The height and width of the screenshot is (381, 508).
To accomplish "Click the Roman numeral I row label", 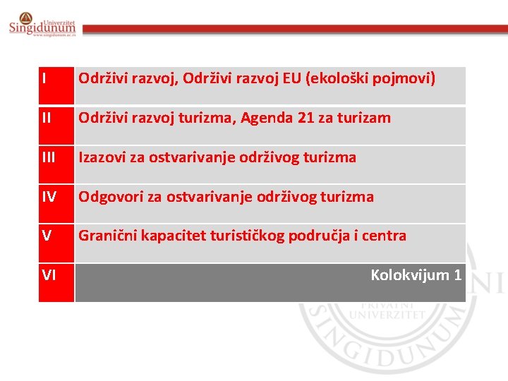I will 44,78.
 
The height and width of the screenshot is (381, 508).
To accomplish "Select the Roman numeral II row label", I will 47,118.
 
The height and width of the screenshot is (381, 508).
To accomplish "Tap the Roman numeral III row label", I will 49,157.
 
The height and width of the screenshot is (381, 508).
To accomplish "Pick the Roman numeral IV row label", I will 49,197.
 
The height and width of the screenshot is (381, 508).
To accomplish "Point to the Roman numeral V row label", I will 46,236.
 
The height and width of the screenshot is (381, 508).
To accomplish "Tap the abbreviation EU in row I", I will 291,78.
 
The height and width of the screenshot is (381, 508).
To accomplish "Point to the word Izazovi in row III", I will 102,157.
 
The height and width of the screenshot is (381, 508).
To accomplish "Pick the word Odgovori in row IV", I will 109,197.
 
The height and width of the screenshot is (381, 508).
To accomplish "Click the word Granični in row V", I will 107,236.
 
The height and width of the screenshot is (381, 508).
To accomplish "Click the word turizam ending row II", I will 365,118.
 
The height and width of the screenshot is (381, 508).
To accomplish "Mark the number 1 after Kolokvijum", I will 458,274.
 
